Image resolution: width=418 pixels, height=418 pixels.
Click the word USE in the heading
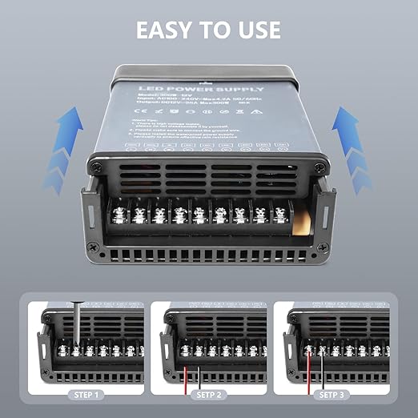coord(254,30)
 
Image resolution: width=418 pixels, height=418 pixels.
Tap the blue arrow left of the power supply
coord(65,148)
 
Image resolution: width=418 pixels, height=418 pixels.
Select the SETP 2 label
coord(209,394)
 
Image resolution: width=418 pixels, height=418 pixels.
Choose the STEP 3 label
coord(333,394)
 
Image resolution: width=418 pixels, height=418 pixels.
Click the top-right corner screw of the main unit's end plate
coord(320,167)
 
